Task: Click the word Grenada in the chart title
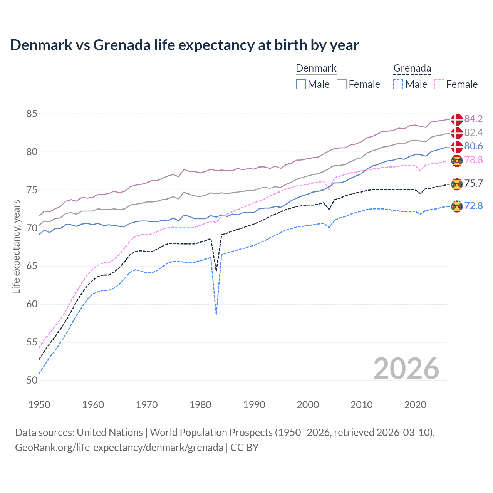pyautogui.click(x=122, y=45)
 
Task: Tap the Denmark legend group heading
pyautogui.click(x=316, y=69)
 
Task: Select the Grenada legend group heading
pyautogui.click(x=412, y=69)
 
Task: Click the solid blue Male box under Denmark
pyautogui.click(x=301, y=84)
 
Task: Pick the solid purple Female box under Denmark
pyautogui.click(x=342, y=84)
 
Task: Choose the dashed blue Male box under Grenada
pyautogui.click(x=398, y=84)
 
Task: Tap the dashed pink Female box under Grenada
pyautogui.click(x=439, y=84)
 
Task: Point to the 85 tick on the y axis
pyautogui.click(x=32, y=114)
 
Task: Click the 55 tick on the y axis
pyautogui.click(x=32, y=342)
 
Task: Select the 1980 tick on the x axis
pyautogui.click(x=201, y=405)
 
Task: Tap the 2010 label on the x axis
pyautogui.click(x=361, y=405)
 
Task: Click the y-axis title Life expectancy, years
pyautogui.click(x=16, y=247)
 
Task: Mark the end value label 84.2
pyautogui.click(x=473, y=119)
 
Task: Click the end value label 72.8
pyautogui.click(x=473, y=206)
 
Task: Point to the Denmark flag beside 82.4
pyautogui.click(x=457, y=133)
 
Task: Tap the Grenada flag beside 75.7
pyautogui.click(x=457, y=184)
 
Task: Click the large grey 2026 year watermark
pyautogui.click(x=406, y=369)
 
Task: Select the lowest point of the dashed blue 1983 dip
pyautogui.click(x=216, y=314)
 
